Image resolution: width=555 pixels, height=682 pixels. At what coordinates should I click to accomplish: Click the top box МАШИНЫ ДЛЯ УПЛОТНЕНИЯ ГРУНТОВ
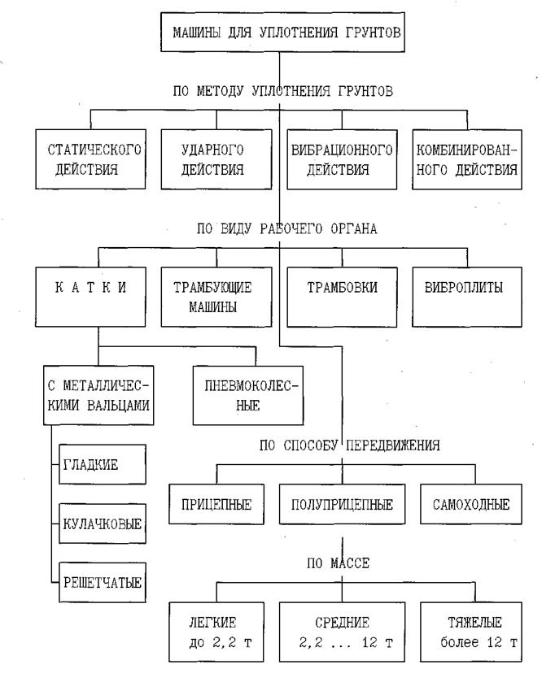(279, 32)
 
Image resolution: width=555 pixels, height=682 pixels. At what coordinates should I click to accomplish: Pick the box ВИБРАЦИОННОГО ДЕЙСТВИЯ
(341, 160)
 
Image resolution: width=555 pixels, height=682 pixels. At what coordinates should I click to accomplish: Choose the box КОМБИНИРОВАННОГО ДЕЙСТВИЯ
(466, 160)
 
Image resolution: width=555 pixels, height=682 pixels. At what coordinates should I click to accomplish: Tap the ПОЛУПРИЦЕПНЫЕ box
(341, 504)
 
